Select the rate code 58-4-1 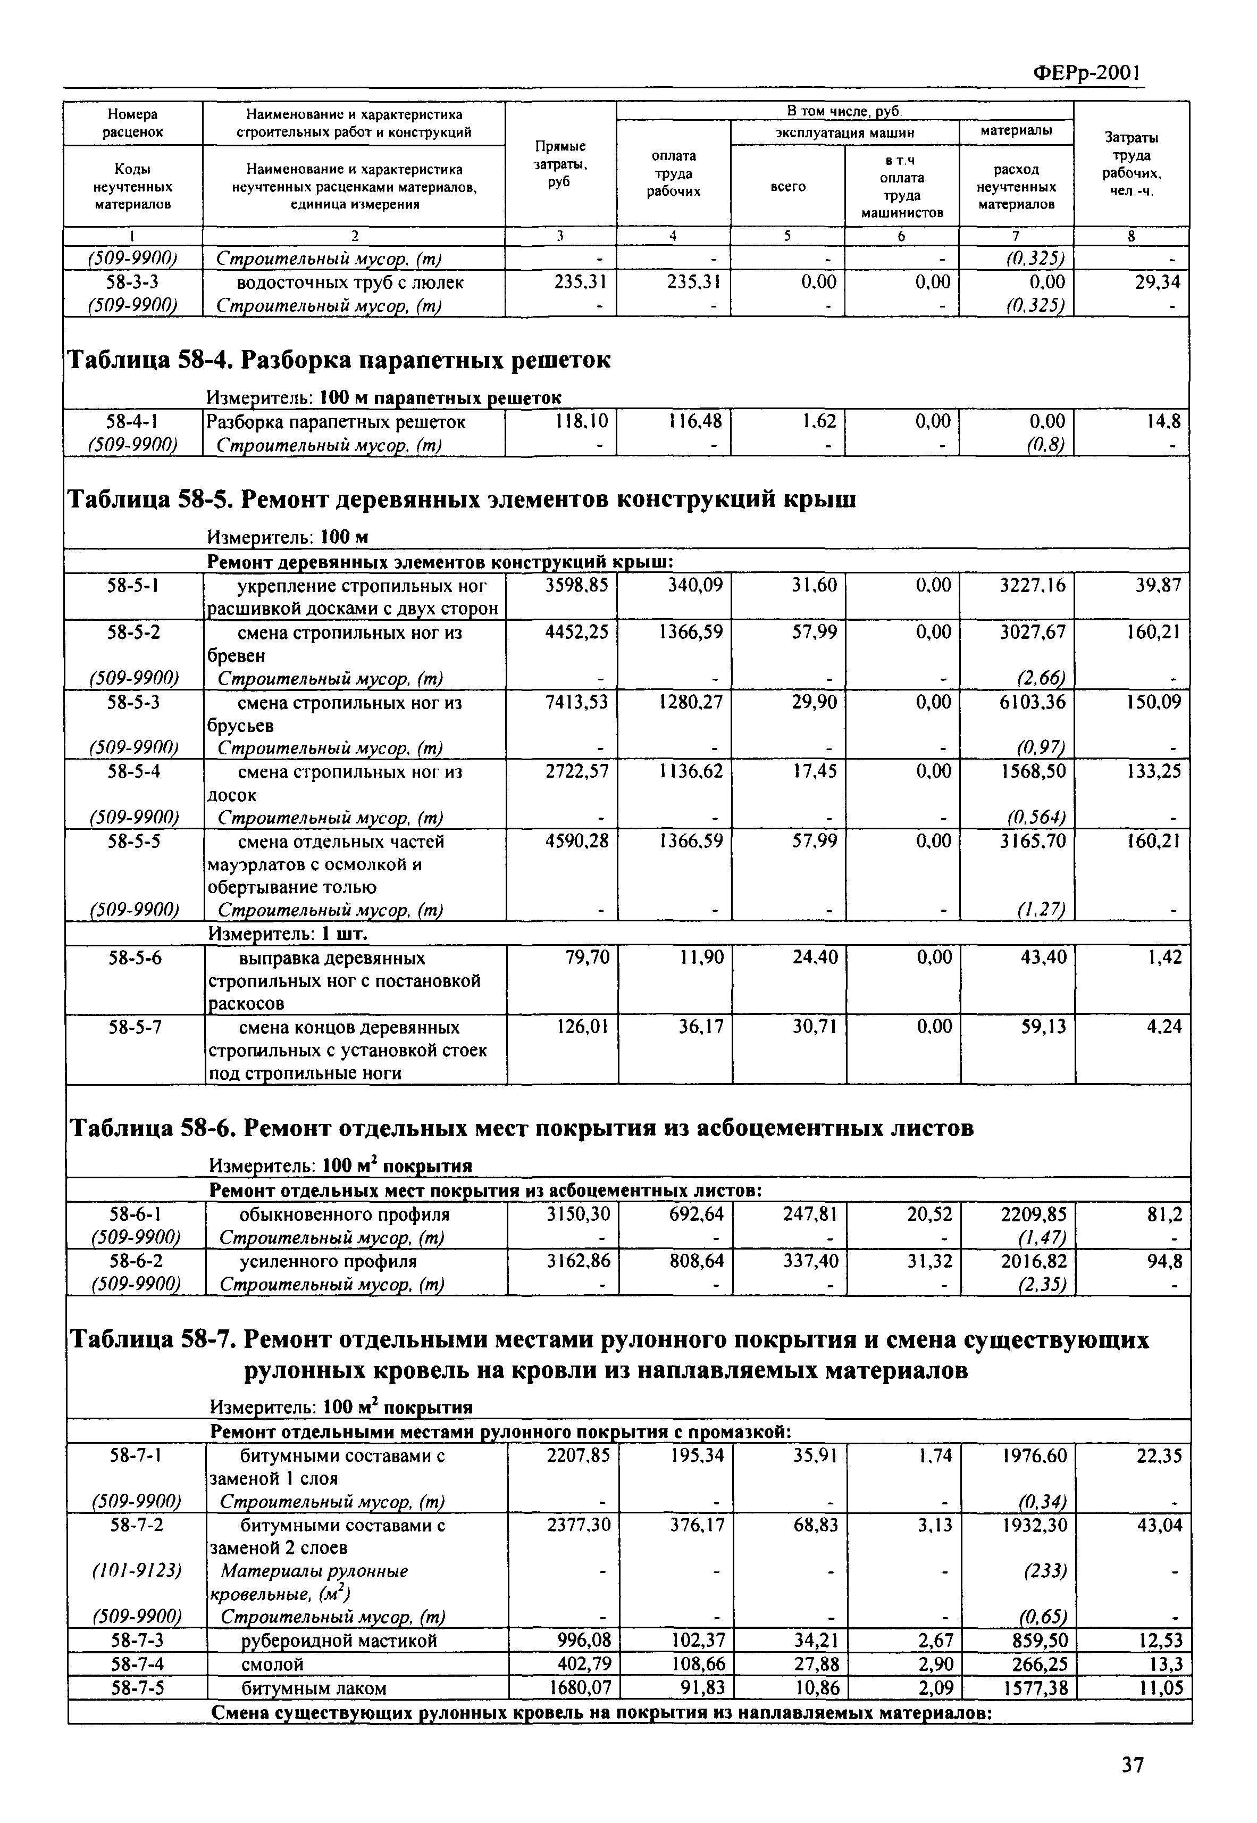click(132, 421)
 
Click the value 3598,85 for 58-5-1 click(576, 585)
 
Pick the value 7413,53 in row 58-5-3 click(576, 701)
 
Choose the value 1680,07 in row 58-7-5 click(578, 1687)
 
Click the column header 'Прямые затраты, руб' click(560, 164)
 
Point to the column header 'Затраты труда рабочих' click(1131, 164)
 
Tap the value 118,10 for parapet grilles click(581, 421)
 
